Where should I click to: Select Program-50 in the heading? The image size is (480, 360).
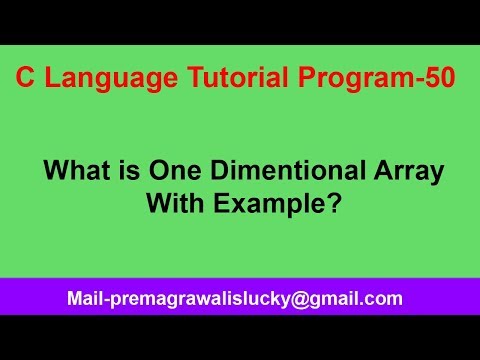coord(368,79)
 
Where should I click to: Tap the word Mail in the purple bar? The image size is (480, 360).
coord(85,298)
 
